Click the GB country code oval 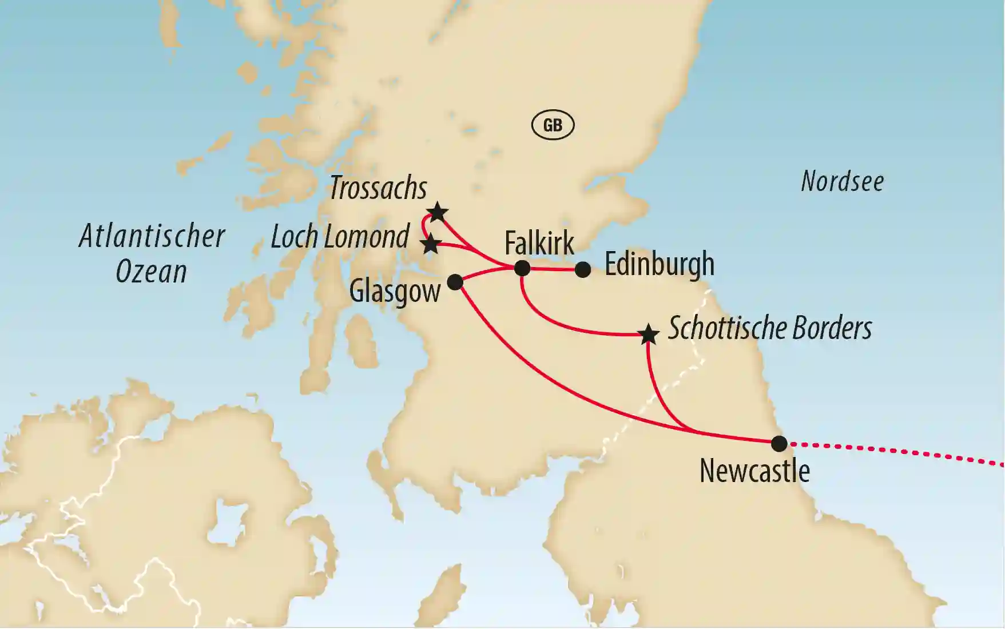click(x=553, y=125)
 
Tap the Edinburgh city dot click(x=582, y=269)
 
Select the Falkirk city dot click(x=522, y=268)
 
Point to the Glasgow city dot click(x=455, y=281)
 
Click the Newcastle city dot click(x=779, y=443)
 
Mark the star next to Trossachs click(x=438, y=212)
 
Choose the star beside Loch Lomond click(x=431, y=244)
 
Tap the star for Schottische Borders click(x=648, y=335)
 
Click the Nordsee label click(x=842, y=181)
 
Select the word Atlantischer click(x=152, y=236)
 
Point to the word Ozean click(x=151, y=272)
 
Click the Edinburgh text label click(x=660, y=264)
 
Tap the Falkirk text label click(x=539, y=243)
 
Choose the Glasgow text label click(x=395, y=291)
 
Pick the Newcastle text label click(x=754, y=471)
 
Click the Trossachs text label click(x=378, y=188)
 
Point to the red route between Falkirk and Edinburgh click(x=553, y=268)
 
